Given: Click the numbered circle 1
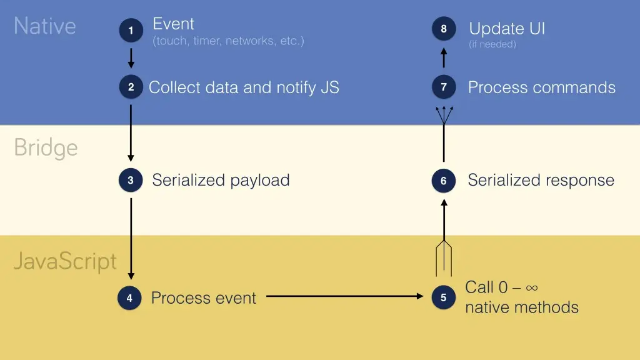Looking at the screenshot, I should pyautogui.click(x=131, y=31).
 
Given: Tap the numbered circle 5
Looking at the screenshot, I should pyautogui.click(x=443, y=297).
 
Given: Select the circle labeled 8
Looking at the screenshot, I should pyautogui.click(x=443, y=29).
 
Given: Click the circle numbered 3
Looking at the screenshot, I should pyautogui.click(x=131, y=181).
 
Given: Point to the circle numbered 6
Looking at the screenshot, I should pyautogui.click(x=443, y=181).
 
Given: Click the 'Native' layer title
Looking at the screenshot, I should pyautogui.click(x=45, y=26).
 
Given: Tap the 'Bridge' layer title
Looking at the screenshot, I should pyautogui.click(x=46, y=148).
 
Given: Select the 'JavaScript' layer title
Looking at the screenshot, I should pyautogui.click(x=65, y=261).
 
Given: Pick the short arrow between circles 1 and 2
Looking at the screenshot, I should pyautogui.click(x=131, y=58).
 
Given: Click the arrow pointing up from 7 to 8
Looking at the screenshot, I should pyautogui.click(x=443, y=57).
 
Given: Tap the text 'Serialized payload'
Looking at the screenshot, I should pyautogui.click(x=221, y=181).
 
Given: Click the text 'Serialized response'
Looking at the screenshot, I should pyautogui.click(x=541, y=181).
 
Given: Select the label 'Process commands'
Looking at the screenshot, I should pyautogui.click(x=541, y=87).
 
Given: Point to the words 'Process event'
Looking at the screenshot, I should pyautogui.click(x=204, y=298).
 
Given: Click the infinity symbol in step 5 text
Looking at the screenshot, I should pyautogui.click(x=532, y=287).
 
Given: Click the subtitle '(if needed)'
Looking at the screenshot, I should pyautogui.click(x=492, y=44).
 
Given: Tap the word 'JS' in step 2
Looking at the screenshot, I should pyautogui.click(x=329, y=87).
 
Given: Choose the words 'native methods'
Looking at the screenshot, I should pyautogui.click(x=521, y=307).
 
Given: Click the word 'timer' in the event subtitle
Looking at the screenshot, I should pyautogui.click(x=207, y=41).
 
